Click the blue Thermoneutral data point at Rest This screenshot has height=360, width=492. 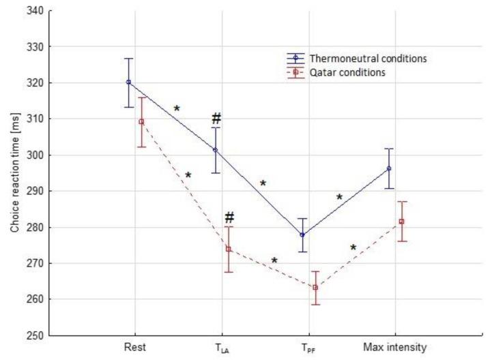(128, 82)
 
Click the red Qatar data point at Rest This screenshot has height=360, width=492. (141, 121)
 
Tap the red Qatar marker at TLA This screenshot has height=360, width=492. (229, 249)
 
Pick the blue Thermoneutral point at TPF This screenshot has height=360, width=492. (302, 235)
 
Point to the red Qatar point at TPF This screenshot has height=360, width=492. (315, 287)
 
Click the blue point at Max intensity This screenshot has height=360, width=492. (389, 168)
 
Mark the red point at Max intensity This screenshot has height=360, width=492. (402, 221)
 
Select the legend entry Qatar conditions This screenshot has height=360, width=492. (349, 72)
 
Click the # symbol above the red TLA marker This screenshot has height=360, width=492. (229, 217)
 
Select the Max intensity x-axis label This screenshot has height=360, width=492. (395, 348)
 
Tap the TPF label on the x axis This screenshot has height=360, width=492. (308, 348)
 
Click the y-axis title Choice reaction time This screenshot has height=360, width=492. (14, 174)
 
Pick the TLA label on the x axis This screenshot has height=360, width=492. (222, 348)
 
